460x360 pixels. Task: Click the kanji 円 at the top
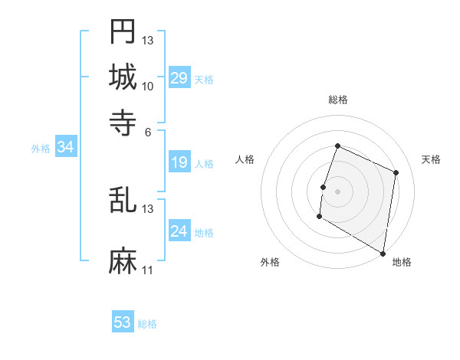[123, 31]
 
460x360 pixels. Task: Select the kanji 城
[123, 77]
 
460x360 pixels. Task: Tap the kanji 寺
[123, 122]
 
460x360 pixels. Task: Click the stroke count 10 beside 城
[148, 86]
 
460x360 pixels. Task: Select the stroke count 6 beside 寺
[148, 131]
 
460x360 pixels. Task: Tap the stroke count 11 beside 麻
[148, 270]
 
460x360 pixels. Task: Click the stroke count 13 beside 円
[148, 40]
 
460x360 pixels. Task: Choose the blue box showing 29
[179, 78]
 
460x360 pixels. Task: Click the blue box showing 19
[179, 162]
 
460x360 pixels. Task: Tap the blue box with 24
[179, 231]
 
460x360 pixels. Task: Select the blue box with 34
[65, 148]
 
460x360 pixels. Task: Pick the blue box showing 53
[123, 322]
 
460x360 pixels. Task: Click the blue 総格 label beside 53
[147, 324]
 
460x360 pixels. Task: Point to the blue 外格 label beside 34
[41, 149]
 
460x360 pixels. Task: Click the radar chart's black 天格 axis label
[431, 159]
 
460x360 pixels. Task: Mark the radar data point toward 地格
[383, 253]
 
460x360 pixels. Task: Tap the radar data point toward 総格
[337, 146]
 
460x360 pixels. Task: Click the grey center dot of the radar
[337, 190]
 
